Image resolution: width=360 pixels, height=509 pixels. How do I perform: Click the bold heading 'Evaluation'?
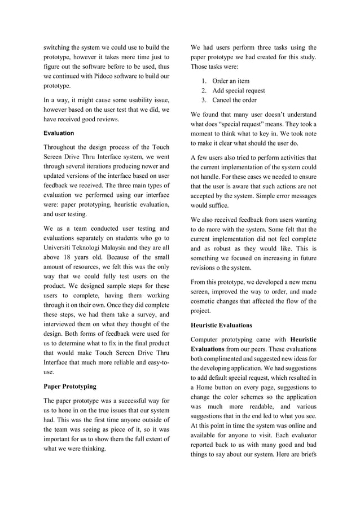tap(59, 133)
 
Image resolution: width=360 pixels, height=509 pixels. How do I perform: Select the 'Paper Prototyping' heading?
tap(70, 387)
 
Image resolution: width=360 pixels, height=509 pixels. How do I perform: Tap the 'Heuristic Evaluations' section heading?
tap(221, 325)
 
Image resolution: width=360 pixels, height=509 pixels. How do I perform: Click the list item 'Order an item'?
tap(231, 81)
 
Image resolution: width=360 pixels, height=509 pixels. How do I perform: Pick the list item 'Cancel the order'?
tap(234, 100)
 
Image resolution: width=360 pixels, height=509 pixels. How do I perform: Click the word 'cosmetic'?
tap(206, 301)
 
